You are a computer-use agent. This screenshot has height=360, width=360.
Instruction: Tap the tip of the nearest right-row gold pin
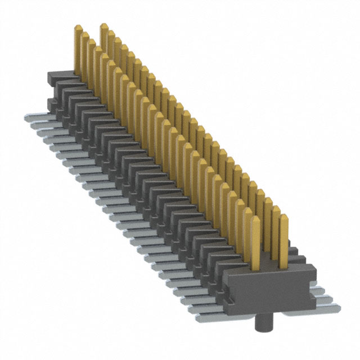[283, 209]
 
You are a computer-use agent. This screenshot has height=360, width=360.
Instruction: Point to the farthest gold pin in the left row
[78, 51]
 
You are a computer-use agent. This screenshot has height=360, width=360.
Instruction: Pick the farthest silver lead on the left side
[34, 119]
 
